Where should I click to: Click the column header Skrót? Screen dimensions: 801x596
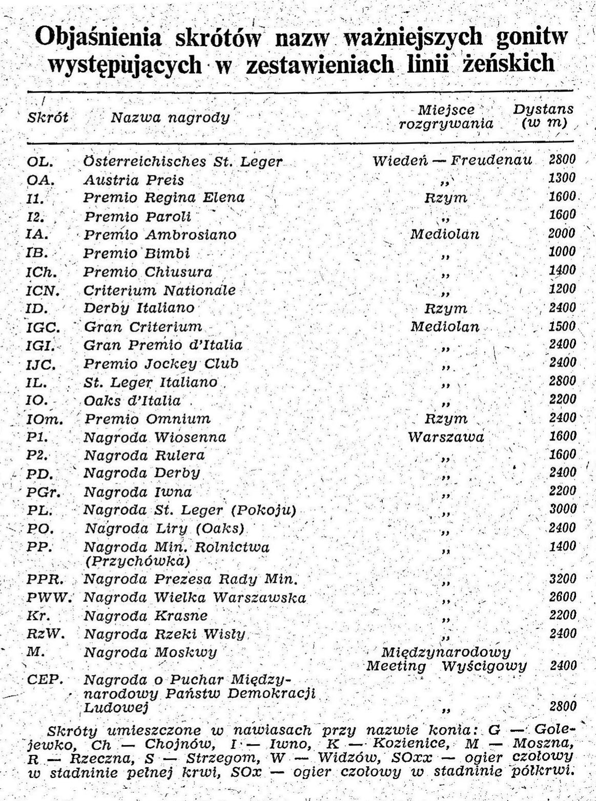point(48,117)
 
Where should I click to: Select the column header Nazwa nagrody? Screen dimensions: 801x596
point(170,118)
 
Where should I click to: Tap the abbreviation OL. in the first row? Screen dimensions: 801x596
point(40,162)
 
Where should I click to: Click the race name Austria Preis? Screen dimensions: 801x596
point(134,180)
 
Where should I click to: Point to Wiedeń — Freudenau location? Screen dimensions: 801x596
point(452,161)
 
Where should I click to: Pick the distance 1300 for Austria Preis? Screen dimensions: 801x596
point(562,178)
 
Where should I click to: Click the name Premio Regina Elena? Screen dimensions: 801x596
point(165,198)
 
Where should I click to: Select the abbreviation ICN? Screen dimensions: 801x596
point(43,291)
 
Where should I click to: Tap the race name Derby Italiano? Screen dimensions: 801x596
point(139,308)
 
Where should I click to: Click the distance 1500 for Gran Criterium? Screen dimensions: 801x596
point(562,326)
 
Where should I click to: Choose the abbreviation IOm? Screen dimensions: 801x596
point(45,419)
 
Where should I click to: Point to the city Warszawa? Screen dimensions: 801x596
point(446,437)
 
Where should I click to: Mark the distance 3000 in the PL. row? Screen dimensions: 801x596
point(562,509)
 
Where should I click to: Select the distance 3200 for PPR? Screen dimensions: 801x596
point(562,579)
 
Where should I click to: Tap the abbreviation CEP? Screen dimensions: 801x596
point(45,680)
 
